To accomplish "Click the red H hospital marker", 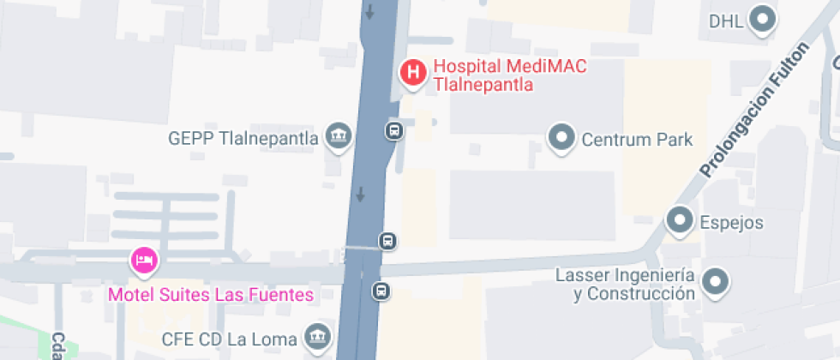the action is (x=413, y=73).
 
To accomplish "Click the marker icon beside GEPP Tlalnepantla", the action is (x=339, y=135).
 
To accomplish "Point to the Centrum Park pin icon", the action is (x=562, y=137).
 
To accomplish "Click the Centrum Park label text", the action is (x=637, y=139).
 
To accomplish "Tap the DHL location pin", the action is (x=762, y=19).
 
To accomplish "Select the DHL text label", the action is (x=726, y=21).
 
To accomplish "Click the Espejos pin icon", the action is (x=680, y=220).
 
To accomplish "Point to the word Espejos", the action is (x=732, y=223).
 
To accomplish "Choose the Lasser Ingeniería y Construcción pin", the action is (x=715, y=281).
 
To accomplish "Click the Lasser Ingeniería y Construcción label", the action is (x=624, y=285).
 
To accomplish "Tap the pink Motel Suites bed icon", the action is (x=143, y=259).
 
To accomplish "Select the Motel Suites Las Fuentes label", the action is (x=210, y=296).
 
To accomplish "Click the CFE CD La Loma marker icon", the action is (x=319, y=336).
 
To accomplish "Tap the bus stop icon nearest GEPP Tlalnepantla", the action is (x=394, y=131).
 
